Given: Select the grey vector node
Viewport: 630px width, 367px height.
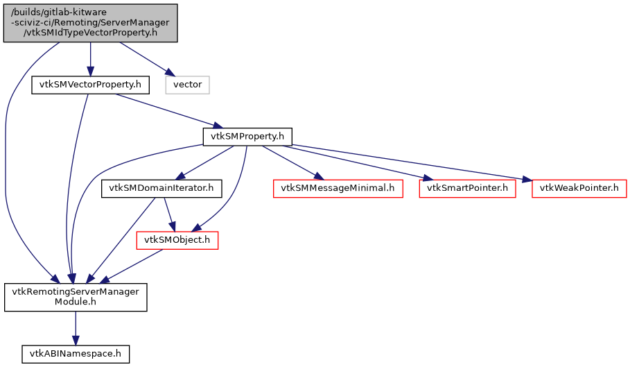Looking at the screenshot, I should coord(187,85).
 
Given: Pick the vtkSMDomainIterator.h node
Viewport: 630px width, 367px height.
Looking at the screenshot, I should coord(161,188).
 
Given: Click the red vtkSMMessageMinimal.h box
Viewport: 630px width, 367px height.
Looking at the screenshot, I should coord(338,188).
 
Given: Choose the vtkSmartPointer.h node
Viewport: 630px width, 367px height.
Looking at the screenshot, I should coord(467,188).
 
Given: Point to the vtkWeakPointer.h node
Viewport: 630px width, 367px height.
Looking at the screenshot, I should coord(579,188).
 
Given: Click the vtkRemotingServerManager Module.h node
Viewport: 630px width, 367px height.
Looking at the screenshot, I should coord(76,297).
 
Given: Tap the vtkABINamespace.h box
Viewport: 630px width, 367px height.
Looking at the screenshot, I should coord(76,353).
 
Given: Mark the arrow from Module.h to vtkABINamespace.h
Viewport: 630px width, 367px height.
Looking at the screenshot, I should coord(76,326).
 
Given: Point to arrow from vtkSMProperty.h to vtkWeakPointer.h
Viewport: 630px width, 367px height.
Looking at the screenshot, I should coord(416,164).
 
